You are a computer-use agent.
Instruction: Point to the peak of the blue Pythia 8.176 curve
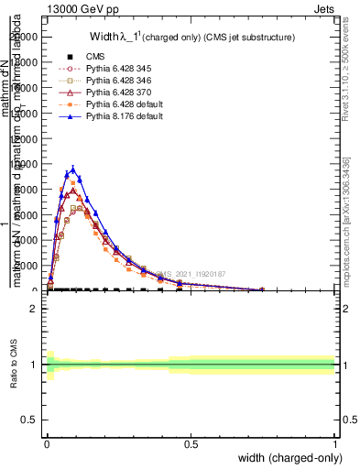coord(73,169)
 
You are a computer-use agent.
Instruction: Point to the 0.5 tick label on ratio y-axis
coord(30,420)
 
